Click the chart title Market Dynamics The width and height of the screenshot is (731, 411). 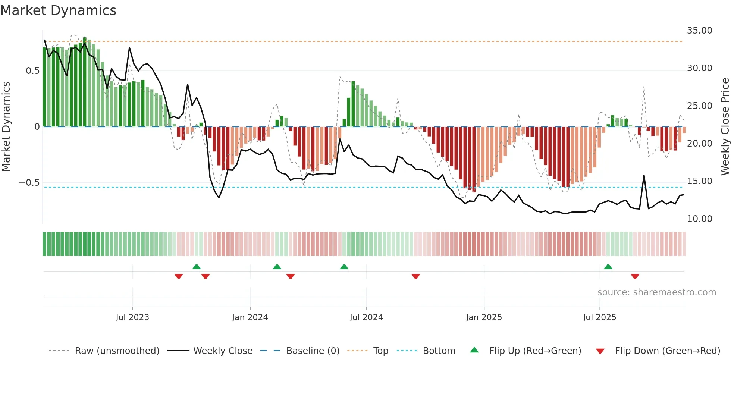[x=58, y=10]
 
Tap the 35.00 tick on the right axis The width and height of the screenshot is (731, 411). [x=699, y=31]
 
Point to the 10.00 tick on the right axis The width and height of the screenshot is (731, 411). [x=699, y=219]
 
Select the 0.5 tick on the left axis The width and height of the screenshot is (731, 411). [x=32, y=71]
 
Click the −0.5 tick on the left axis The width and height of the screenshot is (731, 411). [x=29, y=183]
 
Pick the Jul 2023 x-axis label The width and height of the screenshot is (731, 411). [x=132, y=317]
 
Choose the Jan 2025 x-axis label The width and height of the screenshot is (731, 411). [x=484, y=317]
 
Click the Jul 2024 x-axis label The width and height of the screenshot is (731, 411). [x=366, y=317]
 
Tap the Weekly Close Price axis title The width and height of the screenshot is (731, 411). [x=725, y=127]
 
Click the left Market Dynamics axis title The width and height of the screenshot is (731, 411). [x=6, y=127]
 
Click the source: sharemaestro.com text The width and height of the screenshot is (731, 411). [x=656, y=292]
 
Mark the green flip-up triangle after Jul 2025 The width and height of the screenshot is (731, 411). [x=608, y=267]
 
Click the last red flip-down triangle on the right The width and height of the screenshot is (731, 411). [x=635, y=276]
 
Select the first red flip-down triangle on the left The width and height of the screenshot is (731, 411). [x=179, y=276]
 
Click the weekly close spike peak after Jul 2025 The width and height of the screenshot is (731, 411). [x=644, y=176]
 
